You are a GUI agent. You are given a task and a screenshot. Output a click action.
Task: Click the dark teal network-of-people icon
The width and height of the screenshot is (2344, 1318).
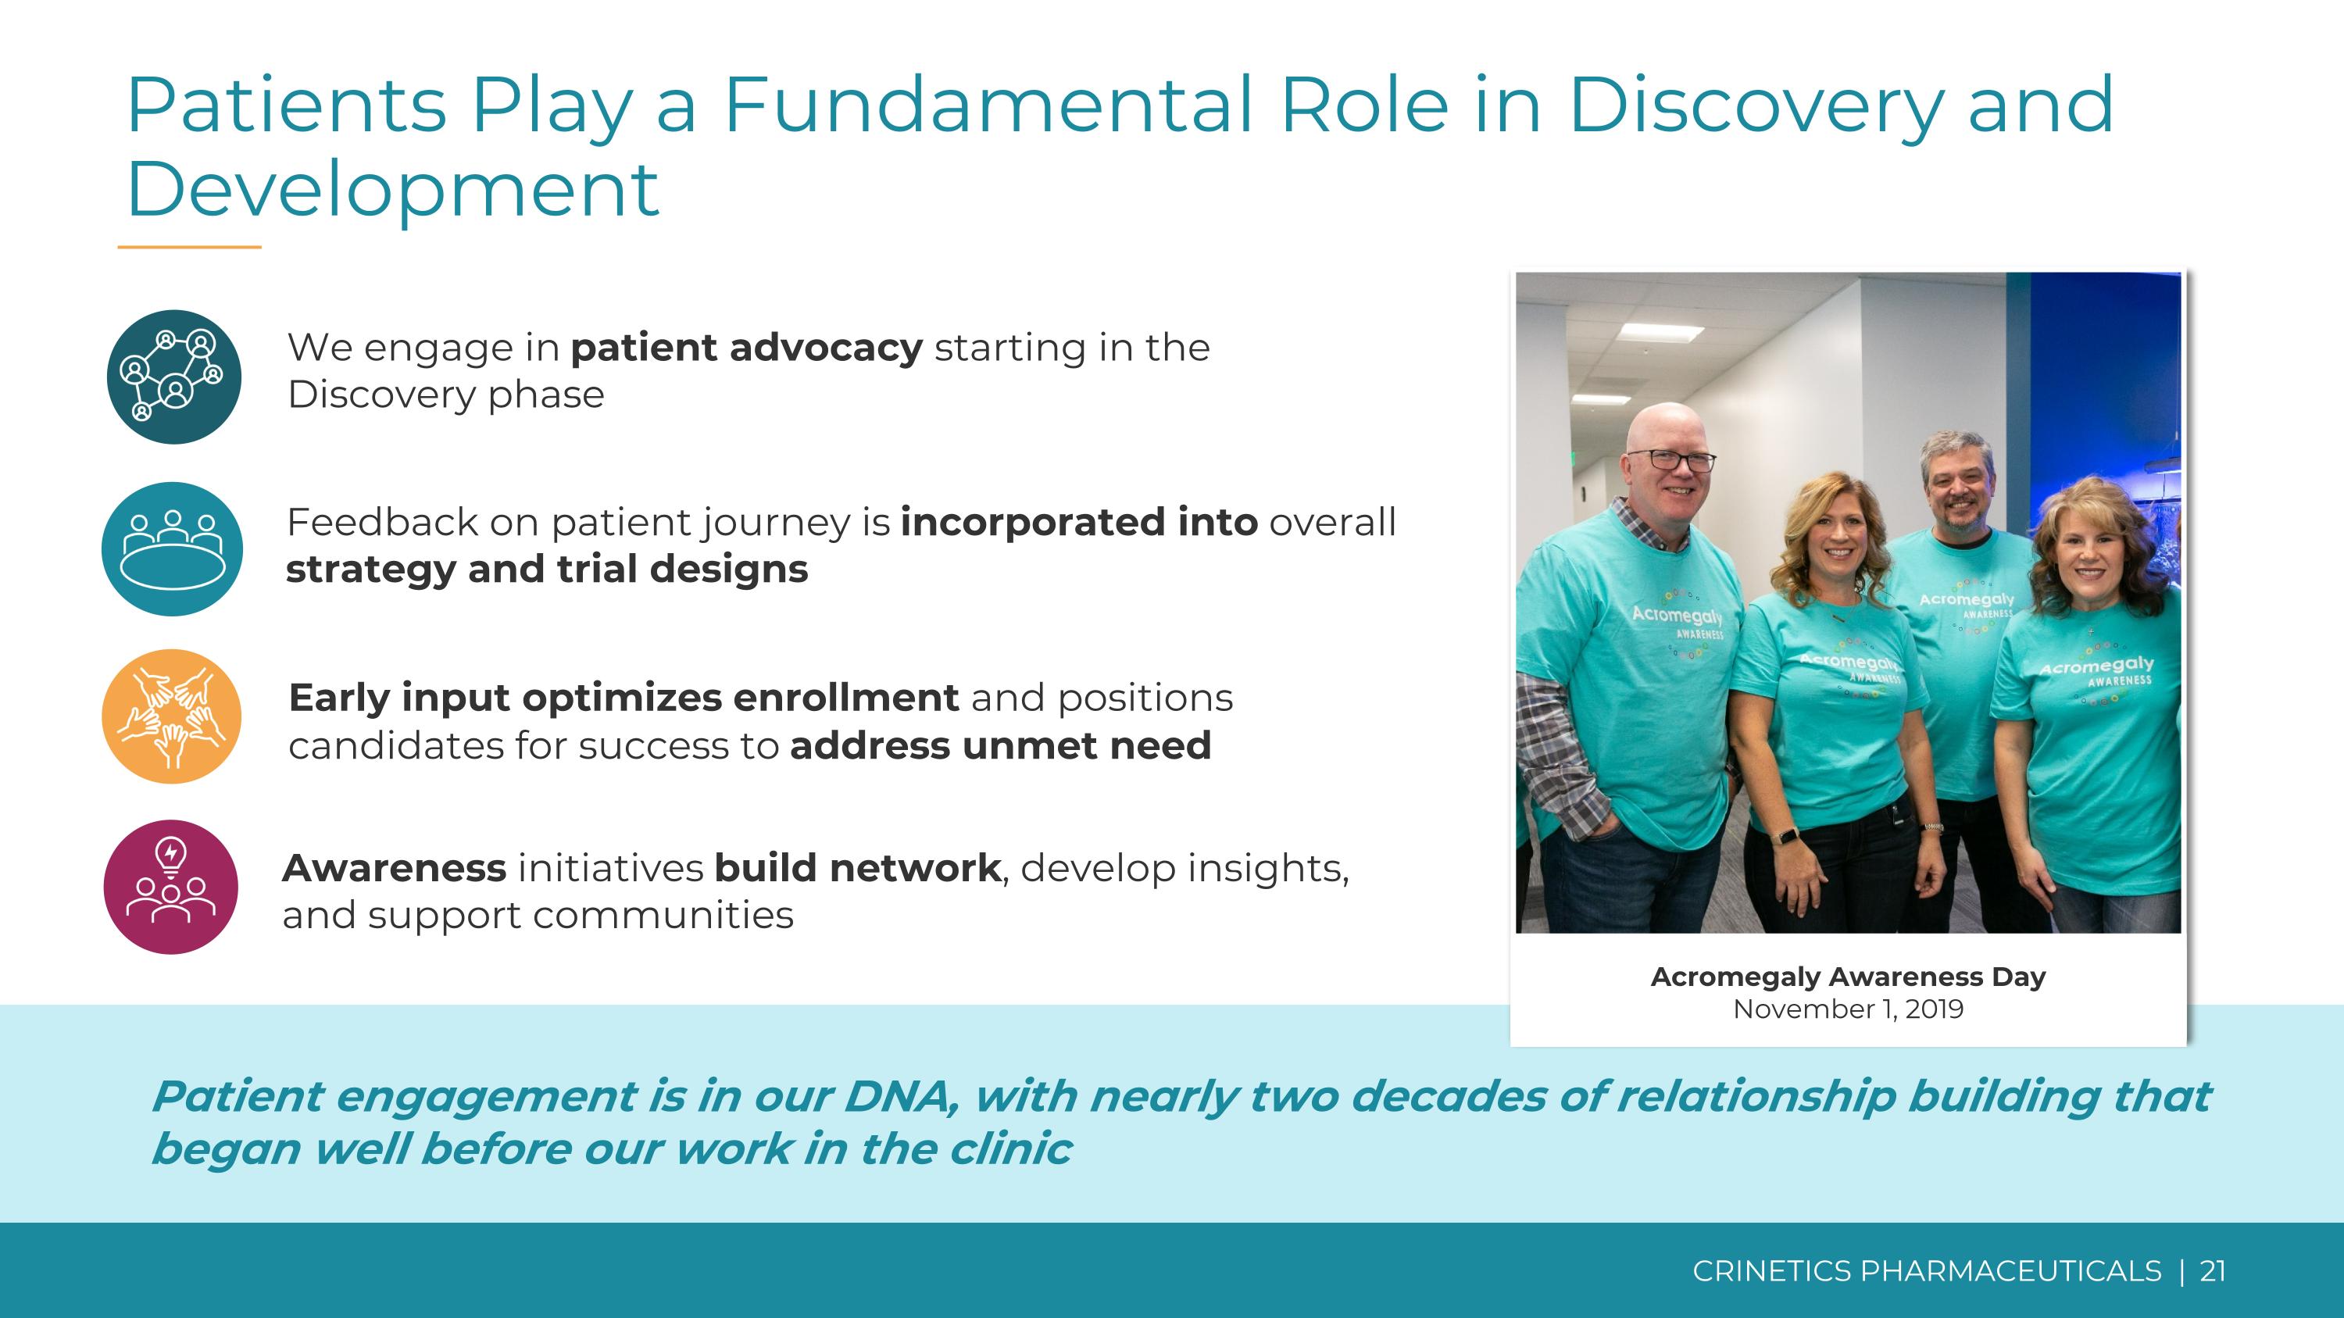click(173, 377)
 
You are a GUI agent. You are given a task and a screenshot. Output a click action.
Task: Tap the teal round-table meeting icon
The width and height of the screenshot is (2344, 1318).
click(172, 548)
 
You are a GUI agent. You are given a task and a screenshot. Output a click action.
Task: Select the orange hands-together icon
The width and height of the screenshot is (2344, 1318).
click(171, 716)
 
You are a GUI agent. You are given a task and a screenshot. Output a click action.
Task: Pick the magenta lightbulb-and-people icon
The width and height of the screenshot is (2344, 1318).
click(171, 887)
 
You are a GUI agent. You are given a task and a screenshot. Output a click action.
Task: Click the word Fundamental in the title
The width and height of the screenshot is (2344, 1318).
click(988, 105)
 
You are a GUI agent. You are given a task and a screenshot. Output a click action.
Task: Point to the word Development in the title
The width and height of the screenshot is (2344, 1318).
click(392, 189)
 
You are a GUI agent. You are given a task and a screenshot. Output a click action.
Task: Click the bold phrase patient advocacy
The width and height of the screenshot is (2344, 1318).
click(746, 348)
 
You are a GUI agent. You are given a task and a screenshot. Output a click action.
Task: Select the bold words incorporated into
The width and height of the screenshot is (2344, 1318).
click(1078, 522)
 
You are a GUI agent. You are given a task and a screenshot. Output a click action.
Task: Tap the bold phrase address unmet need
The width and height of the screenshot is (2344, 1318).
click(1000, 746)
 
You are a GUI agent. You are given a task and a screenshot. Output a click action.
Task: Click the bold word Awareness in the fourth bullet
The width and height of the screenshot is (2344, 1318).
click(394, 868)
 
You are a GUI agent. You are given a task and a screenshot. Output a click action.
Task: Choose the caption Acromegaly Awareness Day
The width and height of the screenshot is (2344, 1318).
click(1848, 977)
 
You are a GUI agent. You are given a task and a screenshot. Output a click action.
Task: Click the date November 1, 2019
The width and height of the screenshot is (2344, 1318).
click(1848, 1009)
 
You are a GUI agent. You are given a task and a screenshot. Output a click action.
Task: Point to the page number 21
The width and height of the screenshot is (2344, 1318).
click(2212, 1270)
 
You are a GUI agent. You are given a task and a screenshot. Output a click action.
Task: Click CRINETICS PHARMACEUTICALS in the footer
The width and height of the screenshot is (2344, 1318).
click(1926, 1270)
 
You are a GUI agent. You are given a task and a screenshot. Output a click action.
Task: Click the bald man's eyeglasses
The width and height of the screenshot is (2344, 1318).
click(1680, 460)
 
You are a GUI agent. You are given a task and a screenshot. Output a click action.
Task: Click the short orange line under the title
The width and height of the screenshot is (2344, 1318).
click(189, 247)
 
